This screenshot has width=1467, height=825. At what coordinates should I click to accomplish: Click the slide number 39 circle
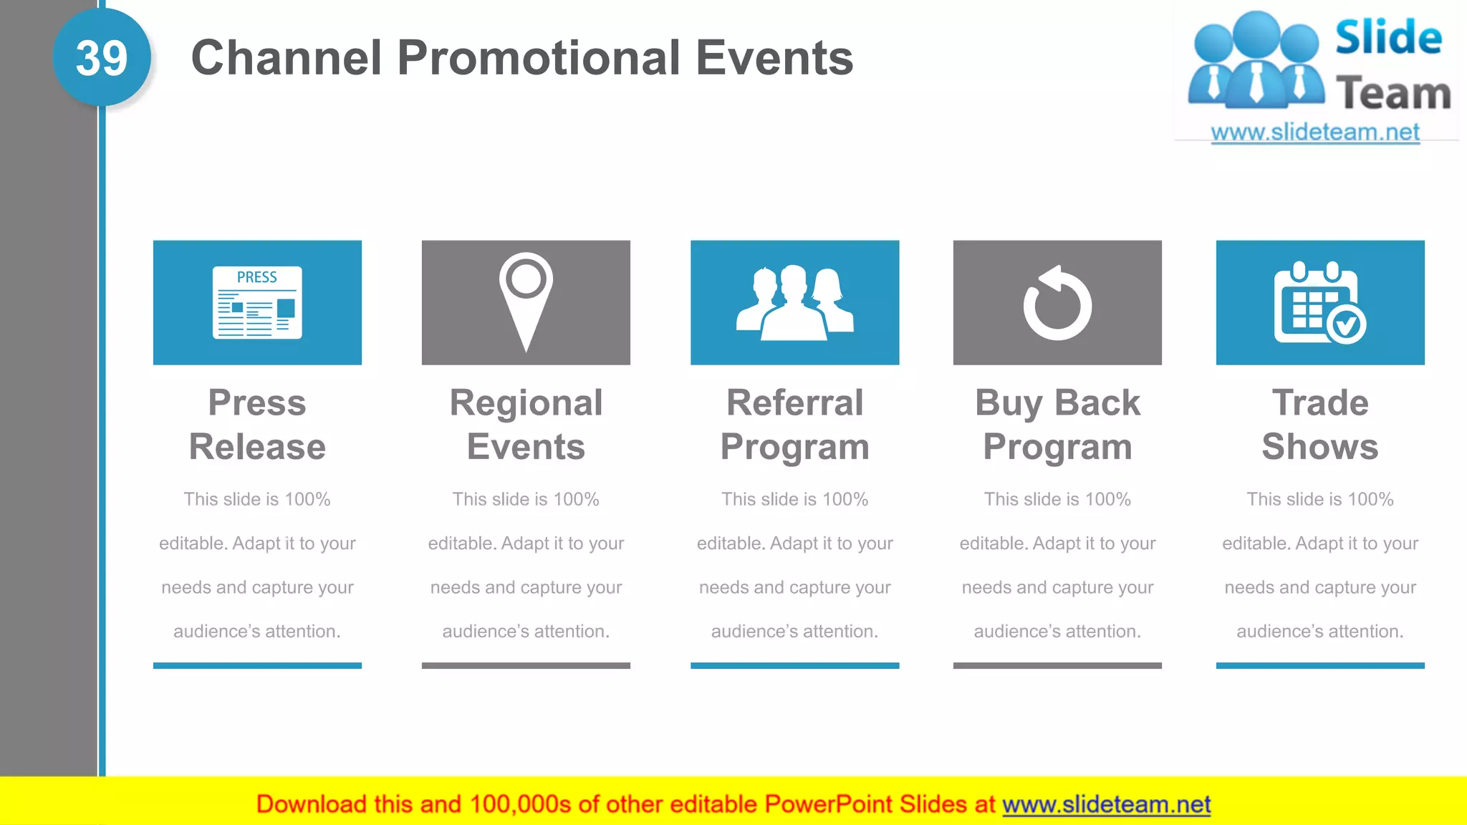pos(102,57)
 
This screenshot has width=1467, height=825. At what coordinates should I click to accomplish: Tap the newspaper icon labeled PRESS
pos(257,301)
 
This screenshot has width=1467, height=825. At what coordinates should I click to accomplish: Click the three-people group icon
pos(794,302)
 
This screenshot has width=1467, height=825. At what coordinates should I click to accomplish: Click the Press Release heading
pos(257,425)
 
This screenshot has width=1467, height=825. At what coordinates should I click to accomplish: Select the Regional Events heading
pos(526,425)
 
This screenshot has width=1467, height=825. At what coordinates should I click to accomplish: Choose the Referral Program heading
pos(794,425)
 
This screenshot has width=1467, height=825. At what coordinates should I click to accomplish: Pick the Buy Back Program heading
pos(1057,425)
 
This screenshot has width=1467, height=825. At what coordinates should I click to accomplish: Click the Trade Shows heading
pos(1319,425)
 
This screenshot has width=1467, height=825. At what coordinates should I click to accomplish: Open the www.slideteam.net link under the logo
pos(1315,132)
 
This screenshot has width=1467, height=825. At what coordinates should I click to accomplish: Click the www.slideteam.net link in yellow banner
pos(1106,804)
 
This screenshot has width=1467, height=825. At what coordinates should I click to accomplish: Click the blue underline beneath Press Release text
pos(257,665)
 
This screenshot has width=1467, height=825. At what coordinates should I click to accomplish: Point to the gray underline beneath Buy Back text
pos(1057,665)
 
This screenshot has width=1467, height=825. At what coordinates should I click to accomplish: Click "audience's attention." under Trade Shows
pos(1319,631)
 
